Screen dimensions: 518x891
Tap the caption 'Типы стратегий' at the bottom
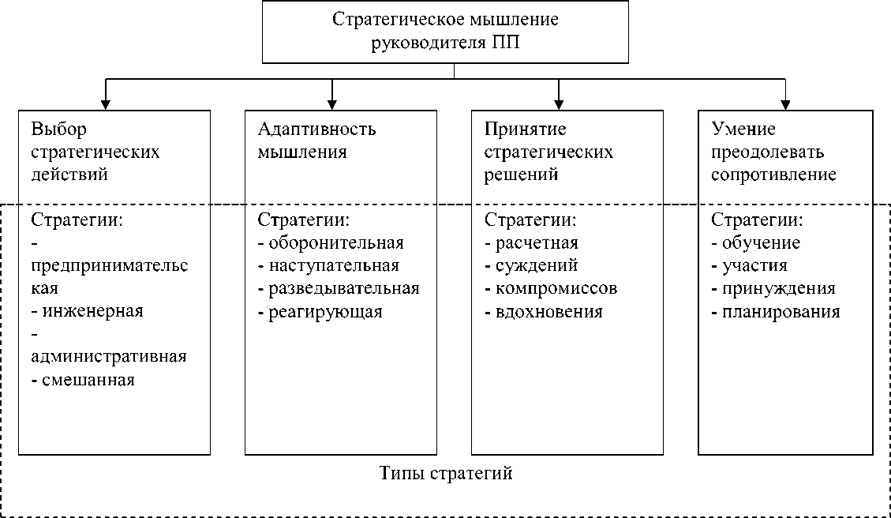(x=446, y=474)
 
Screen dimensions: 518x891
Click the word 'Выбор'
(x=58, y=129)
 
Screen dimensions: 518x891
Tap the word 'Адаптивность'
(x=316, y=129)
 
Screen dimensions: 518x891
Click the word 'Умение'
(x=743, y=129)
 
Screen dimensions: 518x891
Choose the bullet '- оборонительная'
(x=331, y=242)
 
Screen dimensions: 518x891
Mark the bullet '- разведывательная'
(x=339, y=288)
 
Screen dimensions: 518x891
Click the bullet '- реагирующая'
(x=320, y=311)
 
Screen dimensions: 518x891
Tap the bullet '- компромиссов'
(x=551, y=288)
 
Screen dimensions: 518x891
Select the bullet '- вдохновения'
(x=544, y=311)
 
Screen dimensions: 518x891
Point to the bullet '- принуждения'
(x=773, y=288)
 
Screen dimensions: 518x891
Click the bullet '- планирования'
(x=776, y=311)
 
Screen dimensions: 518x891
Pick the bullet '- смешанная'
(x=83, y=380)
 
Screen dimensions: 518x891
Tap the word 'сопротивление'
(x=773, y=175)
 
